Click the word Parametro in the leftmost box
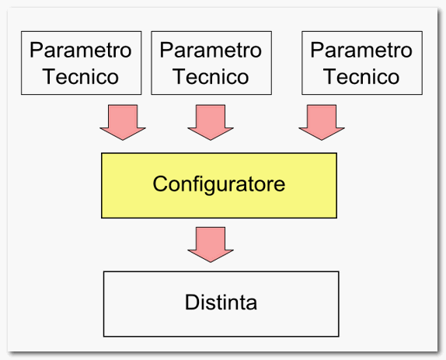point(81,50)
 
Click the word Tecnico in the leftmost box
point(81,76)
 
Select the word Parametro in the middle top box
point(211,50)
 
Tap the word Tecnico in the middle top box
point(211,76)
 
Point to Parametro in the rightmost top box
point(361,50)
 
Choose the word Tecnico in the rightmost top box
point(361,76)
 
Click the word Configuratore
point(219,185)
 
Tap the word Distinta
point(221,302)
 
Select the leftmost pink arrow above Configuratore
point(123,122)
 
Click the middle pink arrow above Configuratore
point(211,122)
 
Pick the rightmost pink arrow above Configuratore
point(322,122)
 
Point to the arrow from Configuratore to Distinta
point(211,244)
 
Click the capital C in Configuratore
point(160,183)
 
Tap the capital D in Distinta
point(192,302)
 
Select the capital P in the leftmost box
point(36,50)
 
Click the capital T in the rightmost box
point(330,76)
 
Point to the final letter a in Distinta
point(252,304)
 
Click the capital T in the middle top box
point(179,76)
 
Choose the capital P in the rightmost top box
point(316,50)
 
